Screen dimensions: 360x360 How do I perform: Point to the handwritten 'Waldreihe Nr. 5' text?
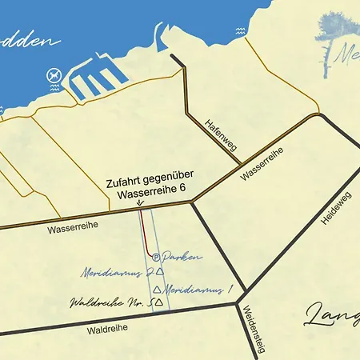point(111,303)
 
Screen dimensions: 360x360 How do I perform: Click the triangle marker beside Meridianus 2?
point(160,272)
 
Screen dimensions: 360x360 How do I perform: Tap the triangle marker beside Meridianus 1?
point(158,289)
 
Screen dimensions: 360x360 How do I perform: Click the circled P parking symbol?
point(156,258)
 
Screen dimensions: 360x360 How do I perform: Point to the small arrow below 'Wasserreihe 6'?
point(141,202)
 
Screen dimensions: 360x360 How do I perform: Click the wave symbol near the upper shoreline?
point(239,32)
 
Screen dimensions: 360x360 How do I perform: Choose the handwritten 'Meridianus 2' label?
point(117,272)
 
